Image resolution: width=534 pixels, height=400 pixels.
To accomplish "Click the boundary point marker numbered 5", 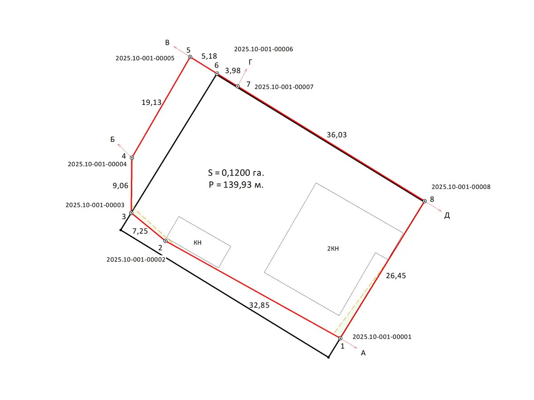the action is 190,57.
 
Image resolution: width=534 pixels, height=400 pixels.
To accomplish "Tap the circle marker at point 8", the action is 425,201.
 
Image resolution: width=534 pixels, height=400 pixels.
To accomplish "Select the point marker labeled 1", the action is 340,338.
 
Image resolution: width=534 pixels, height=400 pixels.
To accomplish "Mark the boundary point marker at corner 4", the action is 132,158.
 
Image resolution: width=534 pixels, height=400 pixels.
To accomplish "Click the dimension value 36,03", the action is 337,135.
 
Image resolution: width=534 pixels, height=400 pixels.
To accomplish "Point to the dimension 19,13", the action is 152,103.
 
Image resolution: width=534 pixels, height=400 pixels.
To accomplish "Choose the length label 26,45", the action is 396,276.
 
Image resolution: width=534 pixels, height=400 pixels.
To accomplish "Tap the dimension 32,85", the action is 259,305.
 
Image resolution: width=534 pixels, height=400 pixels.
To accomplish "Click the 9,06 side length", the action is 121,186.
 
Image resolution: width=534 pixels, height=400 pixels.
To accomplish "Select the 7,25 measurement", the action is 140,231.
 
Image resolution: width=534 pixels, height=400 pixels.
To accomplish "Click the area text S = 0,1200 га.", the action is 236,173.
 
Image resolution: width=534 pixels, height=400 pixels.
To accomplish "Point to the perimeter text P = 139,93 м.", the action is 236,185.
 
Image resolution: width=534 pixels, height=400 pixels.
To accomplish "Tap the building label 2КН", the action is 333,248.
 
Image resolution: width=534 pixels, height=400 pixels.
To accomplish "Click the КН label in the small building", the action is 198,243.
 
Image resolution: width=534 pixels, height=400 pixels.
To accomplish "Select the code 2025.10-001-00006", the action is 263,49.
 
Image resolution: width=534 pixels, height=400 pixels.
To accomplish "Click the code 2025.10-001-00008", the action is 461,187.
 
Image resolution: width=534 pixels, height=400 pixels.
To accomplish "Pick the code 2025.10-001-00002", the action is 136,260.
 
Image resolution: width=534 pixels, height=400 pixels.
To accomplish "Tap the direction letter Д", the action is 447,216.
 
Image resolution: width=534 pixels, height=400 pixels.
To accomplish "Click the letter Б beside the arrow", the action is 113,139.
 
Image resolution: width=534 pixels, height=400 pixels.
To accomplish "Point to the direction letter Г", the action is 251,62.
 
